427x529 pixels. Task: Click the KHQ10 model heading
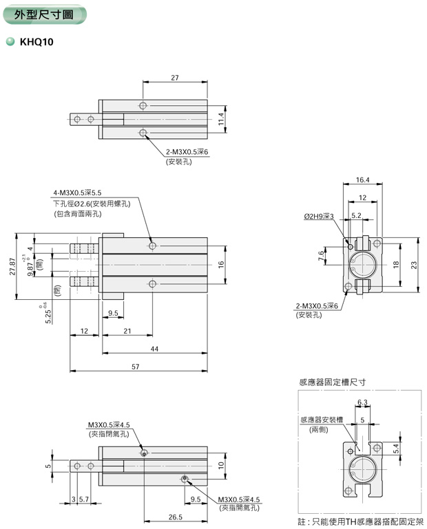click(x=37, y=41)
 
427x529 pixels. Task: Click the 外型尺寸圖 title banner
click(x=43, y=14)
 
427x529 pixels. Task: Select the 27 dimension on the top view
click(x=174, y=78)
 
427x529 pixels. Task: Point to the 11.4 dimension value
click(x=221, y=119)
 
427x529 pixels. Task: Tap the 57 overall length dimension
click(x=135, y=366)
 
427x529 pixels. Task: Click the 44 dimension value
click(x=154, y=349)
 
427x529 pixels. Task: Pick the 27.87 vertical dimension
click(x=11, y=267)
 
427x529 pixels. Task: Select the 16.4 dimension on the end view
click(x=363, y=180)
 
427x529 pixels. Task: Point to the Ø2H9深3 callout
click(x=318, y=216)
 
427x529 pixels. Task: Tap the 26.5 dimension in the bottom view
click(x=175, y=517)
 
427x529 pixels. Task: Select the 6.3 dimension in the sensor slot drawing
click(x=362, y=402)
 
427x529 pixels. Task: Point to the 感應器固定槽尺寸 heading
click(x=332, y=382)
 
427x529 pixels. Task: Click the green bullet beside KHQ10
click(x=10, y=41)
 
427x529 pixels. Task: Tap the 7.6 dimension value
click(x=321, y=256)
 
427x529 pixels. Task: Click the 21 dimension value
click(x=127, y=332)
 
